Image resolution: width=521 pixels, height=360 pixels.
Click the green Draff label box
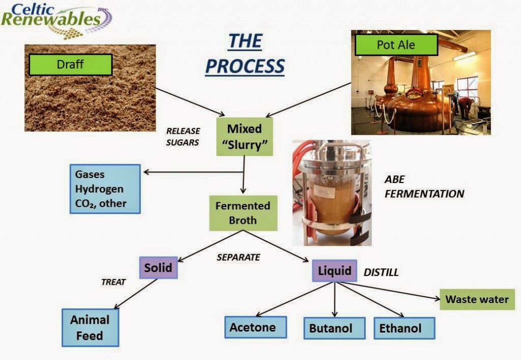point(70,65)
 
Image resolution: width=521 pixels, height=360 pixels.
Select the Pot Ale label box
point(396,45)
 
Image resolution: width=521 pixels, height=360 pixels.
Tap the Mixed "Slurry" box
point(245,137)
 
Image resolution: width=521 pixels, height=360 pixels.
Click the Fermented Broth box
point(243,214)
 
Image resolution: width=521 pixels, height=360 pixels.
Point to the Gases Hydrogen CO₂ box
point(105,189)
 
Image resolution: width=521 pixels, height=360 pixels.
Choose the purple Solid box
point(158,267)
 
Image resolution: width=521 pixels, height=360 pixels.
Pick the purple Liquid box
point(334,271)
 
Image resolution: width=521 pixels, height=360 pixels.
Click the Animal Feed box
point(90,327)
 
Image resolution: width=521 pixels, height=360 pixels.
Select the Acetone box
point(256,327)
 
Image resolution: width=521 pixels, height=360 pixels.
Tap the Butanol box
point(334,328)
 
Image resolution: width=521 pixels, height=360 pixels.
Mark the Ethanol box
point(404,328)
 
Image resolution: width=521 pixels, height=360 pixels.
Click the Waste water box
point(477,299)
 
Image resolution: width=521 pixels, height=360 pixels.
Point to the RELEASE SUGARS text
point(183,137)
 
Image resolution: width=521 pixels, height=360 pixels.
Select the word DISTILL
point(381,273)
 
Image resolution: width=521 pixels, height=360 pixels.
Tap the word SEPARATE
point(238,257)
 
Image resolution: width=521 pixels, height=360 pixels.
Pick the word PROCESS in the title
point(245,66)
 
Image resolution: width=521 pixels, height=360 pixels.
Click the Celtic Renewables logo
point(56,19)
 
